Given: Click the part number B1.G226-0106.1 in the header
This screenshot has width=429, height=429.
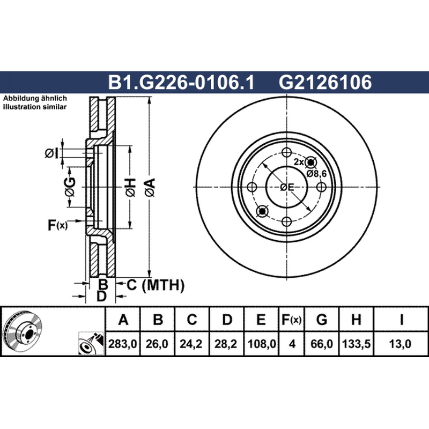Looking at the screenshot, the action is [181, 82].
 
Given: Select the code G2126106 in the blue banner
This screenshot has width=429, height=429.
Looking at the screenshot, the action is [325, 82].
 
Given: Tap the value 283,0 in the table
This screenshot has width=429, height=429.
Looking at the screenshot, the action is [123, 344].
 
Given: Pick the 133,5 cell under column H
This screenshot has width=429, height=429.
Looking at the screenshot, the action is [356, 344].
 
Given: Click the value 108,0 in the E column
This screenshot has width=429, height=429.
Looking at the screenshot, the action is [262, 344].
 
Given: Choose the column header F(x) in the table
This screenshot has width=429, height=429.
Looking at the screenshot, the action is [292, 320].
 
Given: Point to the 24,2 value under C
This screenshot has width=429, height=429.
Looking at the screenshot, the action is [191, 344].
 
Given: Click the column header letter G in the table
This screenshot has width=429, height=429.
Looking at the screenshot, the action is [321, 320].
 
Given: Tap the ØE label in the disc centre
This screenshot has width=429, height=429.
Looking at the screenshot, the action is [287, 187].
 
